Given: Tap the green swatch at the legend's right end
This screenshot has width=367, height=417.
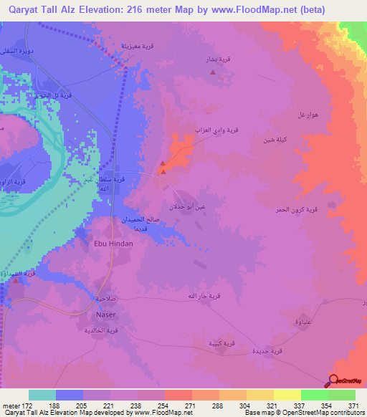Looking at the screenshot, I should [341, 395].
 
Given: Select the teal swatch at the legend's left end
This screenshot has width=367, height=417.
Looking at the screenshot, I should [42, 395].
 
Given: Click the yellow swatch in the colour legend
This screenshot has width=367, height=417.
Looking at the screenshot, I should [287, 395].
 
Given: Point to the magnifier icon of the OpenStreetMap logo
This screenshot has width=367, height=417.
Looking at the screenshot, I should [333, 380].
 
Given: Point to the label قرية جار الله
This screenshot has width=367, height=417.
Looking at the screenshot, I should [196, 296].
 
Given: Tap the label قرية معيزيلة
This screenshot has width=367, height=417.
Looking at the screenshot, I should [135, 48].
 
